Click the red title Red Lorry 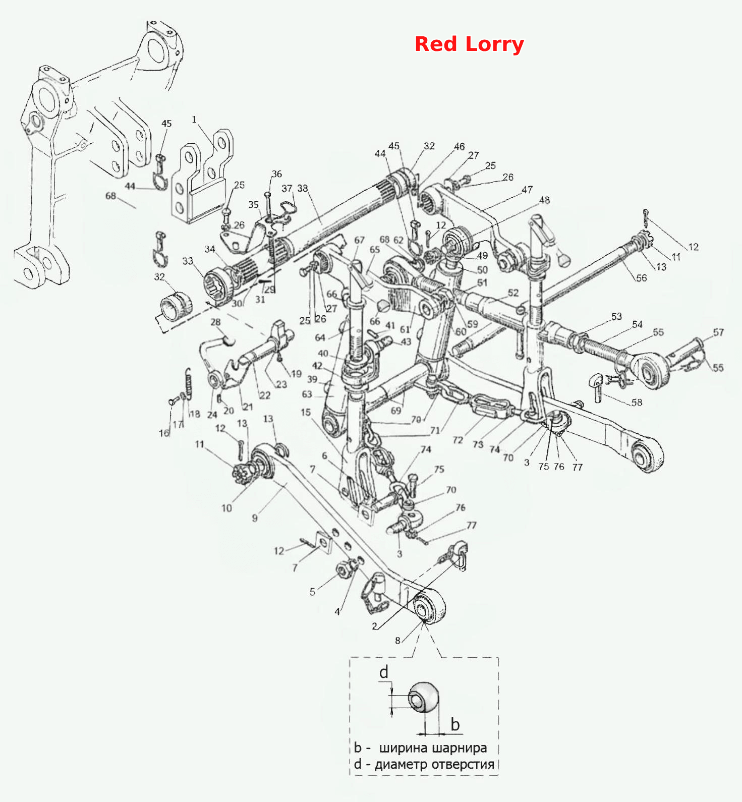tap(469, 44)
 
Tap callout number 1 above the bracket tap(194, 120)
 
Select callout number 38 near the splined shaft tap(302, 188)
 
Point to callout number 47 tap(527, 190)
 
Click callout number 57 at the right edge tap(718, 332)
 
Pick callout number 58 tap(637, 403)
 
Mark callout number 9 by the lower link tap(255, 518)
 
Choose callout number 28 tap(215, 322)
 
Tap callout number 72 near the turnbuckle tap(458, 440)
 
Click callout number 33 tap(188, 261)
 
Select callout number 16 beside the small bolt tap(164, 433)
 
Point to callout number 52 tap(513, 293)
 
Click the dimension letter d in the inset tap(384, 672)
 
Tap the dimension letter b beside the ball tap(455, 724)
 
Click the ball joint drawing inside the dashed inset tap(424, 698)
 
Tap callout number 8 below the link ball tap(397, 641)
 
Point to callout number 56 tap(641, 278)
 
